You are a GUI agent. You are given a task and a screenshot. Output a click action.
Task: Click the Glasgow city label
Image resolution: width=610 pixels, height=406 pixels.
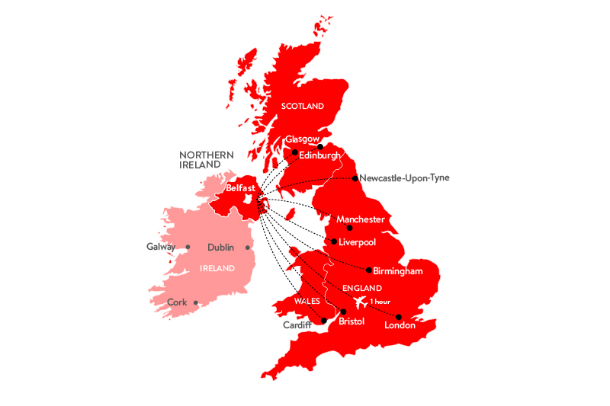[301, 139]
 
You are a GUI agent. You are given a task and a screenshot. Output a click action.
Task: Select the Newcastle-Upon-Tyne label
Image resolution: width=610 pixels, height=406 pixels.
[405, 178]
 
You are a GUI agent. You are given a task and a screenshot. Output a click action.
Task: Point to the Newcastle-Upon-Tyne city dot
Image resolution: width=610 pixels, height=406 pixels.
[355, 179]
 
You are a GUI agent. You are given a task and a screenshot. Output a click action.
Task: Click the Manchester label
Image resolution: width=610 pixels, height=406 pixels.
[361, 219]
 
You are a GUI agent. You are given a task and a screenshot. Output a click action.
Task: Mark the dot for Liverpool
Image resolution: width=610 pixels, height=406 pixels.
[334, 241]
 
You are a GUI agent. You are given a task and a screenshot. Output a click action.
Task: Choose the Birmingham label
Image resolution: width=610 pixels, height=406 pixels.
[397, 270]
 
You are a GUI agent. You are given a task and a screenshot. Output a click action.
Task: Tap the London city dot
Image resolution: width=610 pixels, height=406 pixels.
[398, 316]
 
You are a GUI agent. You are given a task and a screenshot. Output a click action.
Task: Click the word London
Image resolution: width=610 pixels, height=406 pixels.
[400, 326]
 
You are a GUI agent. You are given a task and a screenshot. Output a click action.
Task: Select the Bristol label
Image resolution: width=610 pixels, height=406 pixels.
[352, 321]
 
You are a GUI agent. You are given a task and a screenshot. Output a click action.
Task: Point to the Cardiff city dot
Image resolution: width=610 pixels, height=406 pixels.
[324, 321]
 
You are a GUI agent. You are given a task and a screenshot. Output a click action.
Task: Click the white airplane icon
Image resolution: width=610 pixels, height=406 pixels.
[355, 302]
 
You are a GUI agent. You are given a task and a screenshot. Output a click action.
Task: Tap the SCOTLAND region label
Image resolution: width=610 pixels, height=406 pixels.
[303, 106]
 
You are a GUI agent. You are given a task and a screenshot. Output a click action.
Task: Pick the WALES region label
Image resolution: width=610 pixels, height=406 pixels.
[307, 301]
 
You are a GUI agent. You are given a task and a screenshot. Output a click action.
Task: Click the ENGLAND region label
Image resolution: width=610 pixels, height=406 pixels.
[361, 289]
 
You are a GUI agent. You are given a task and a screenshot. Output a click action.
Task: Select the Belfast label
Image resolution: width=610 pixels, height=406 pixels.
[240, 187]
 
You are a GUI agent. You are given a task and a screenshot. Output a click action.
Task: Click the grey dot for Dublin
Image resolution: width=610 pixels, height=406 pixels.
[248, 248]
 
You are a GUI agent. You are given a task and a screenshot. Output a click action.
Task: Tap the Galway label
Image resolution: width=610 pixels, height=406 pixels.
[161, 247]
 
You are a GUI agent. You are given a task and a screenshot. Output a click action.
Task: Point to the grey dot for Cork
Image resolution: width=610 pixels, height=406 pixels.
[196, 302]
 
